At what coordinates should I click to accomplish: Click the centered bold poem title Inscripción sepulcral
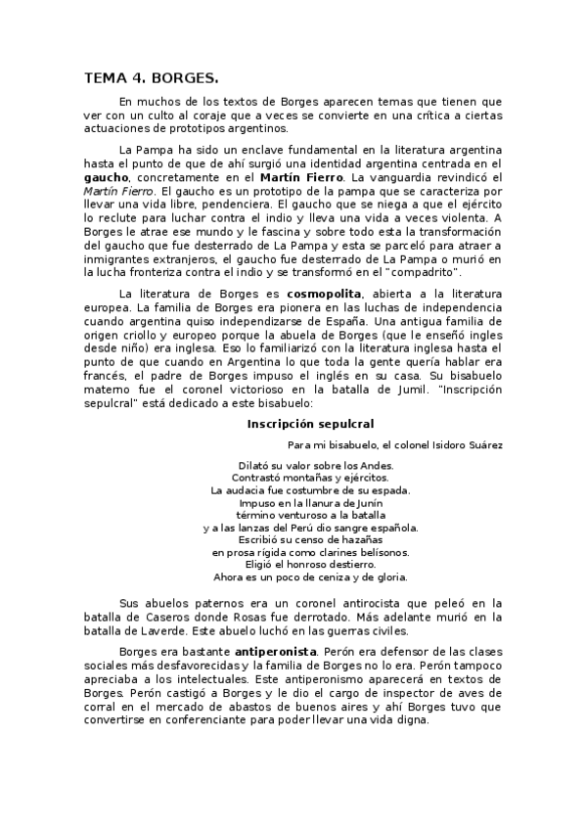point(310,424)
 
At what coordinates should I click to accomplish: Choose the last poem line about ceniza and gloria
point(310,577)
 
